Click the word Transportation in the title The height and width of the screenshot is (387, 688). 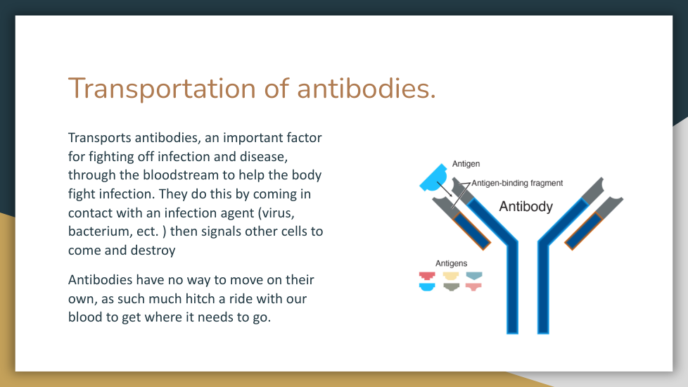(162, 89)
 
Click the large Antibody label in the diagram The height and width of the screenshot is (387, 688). (525, 206)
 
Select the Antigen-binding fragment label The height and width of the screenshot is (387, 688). (517, 183)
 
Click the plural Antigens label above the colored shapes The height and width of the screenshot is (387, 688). (451, 263)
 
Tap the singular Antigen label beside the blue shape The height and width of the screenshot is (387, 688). (466, 164)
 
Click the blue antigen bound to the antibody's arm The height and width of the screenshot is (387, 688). (433, 178)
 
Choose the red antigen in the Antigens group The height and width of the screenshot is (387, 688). (427, 276)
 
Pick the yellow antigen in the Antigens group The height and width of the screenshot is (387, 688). (451, 276)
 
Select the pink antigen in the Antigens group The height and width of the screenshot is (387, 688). (474, 287)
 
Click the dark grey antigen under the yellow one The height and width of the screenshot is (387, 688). (451, 287)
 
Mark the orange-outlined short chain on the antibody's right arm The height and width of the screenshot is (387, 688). (584, 230)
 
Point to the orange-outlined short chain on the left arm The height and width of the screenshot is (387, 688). (471, 230)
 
